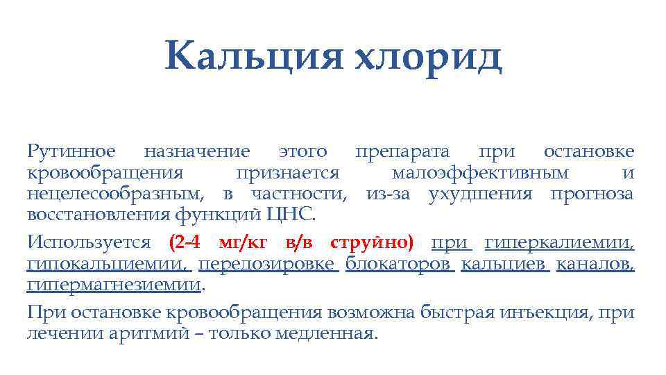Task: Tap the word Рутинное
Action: pos(71,151)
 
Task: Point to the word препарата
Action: pos(402,151)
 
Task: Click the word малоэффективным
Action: pos(480,173)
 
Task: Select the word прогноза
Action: pos(591,194)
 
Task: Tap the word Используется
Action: pos(89,243)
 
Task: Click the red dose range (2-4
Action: pos(185,243)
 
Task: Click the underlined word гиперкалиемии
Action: pos(559,243)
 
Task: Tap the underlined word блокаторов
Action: pos(399,265)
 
